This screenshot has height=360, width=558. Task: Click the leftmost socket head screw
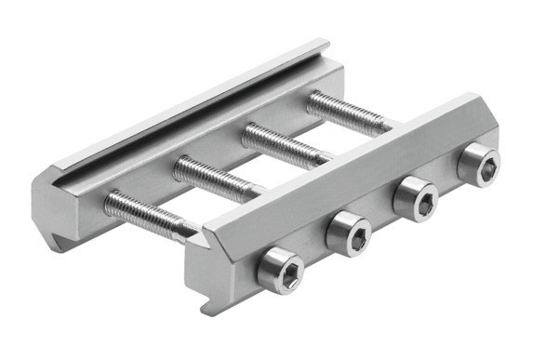coord(280,271)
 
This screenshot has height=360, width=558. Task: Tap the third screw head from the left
coord(417,199)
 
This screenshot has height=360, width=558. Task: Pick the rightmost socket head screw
coord(478,165)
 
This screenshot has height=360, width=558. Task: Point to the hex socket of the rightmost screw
coord(481,166)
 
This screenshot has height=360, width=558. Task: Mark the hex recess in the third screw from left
coord(419,200)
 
